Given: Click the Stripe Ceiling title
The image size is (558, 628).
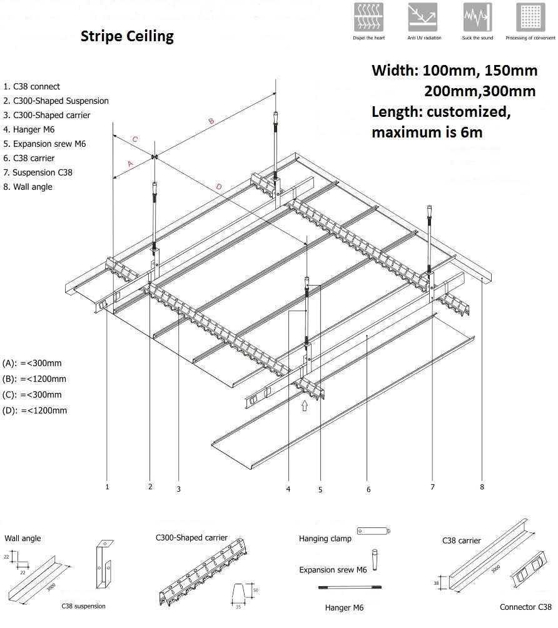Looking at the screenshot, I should [127, 36].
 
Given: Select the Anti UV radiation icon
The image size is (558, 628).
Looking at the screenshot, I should [424, 17].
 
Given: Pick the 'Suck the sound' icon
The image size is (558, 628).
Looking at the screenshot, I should [477, 17].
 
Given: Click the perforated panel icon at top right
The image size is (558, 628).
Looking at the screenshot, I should [530, 17].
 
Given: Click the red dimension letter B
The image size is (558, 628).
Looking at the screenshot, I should [211, 121].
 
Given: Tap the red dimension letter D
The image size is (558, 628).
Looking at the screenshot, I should [218, 186].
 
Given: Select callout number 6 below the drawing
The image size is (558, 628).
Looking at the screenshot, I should [368, 489].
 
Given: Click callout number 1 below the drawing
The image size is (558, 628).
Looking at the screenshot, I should [108, 486].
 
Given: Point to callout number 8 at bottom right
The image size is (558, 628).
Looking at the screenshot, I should [482, 487].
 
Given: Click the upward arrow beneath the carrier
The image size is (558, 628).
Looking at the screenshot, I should [305, 406].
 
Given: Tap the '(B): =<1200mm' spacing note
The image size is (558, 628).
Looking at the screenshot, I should [34, 379].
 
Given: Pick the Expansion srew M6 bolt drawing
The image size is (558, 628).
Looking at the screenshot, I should [375, 559].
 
